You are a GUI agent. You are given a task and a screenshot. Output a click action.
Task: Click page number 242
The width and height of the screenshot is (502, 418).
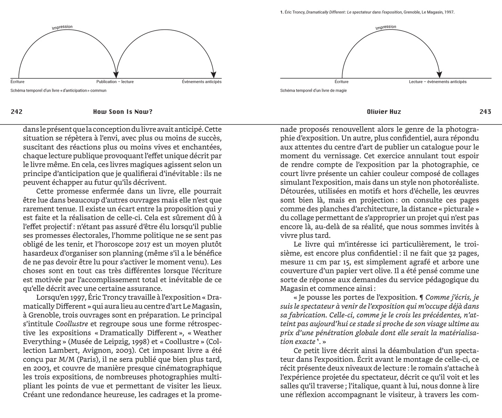[17, 112]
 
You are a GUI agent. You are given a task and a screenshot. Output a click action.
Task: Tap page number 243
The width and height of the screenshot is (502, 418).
[485, 112]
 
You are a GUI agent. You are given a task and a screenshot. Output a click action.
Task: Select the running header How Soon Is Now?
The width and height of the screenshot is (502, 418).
[123, 112]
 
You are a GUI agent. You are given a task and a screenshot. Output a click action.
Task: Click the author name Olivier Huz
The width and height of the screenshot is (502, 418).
[384, 112]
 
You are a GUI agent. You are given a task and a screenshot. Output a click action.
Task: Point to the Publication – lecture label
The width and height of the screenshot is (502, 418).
[115, 82]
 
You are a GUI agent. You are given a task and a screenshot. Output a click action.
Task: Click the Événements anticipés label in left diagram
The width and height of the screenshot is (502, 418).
[201, 82]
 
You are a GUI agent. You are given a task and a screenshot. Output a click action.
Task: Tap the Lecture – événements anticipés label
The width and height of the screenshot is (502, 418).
[437, 82]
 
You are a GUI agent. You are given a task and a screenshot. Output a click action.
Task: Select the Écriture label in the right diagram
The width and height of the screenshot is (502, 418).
[341, 82]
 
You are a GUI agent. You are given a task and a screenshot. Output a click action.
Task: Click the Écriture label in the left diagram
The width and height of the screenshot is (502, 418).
[17, 82]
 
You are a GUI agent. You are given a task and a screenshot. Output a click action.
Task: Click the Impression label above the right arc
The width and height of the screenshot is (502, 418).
[386, 27]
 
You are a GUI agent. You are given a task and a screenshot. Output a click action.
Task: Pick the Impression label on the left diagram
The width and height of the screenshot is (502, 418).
[62, 27]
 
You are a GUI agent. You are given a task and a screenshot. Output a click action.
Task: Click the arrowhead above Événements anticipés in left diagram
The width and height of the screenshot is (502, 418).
[213, 74]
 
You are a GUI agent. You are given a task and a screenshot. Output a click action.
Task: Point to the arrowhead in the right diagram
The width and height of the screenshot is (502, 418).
[439, 74]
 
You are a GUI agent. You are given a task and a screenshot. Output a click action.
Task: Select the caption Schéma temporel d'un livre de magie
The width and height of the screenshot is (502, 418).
[313, 91]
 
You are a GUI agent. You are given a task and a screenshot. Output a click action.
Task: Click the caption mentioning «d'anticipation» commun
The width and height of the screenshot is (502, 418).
[58, 91]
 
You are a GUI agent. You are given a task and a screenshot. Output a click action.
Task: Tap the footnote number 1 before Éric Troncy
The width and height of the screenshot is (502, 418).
[281, 12]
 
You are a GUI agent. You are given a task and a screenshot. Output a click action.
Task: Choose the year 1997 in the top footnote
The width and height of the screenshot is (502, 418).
[449, 12]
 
